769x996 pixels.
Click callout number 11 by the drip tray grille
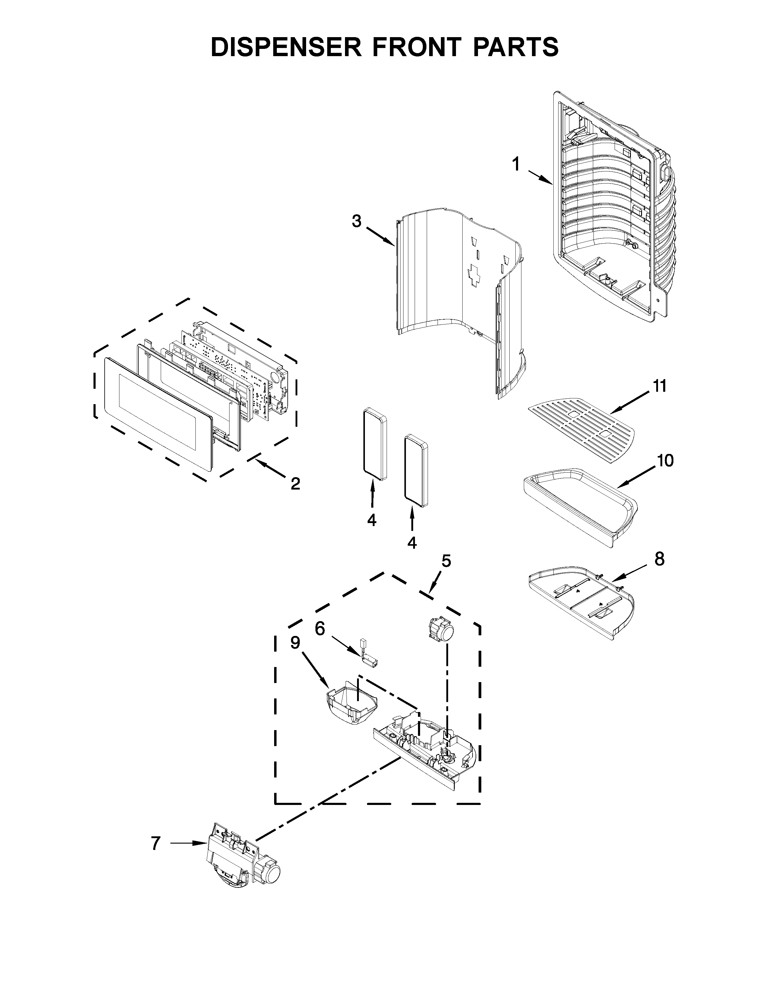[x=660, y=386]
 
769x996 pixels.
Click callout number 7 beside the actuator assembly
[x=156, y=844]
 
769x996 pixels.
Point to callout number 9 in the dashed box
[x=295, y=643]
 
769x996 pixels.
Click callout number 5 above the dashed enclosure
[x=446, y=561]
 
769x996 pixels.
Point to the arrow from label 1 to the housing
[x=540, y=178]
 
